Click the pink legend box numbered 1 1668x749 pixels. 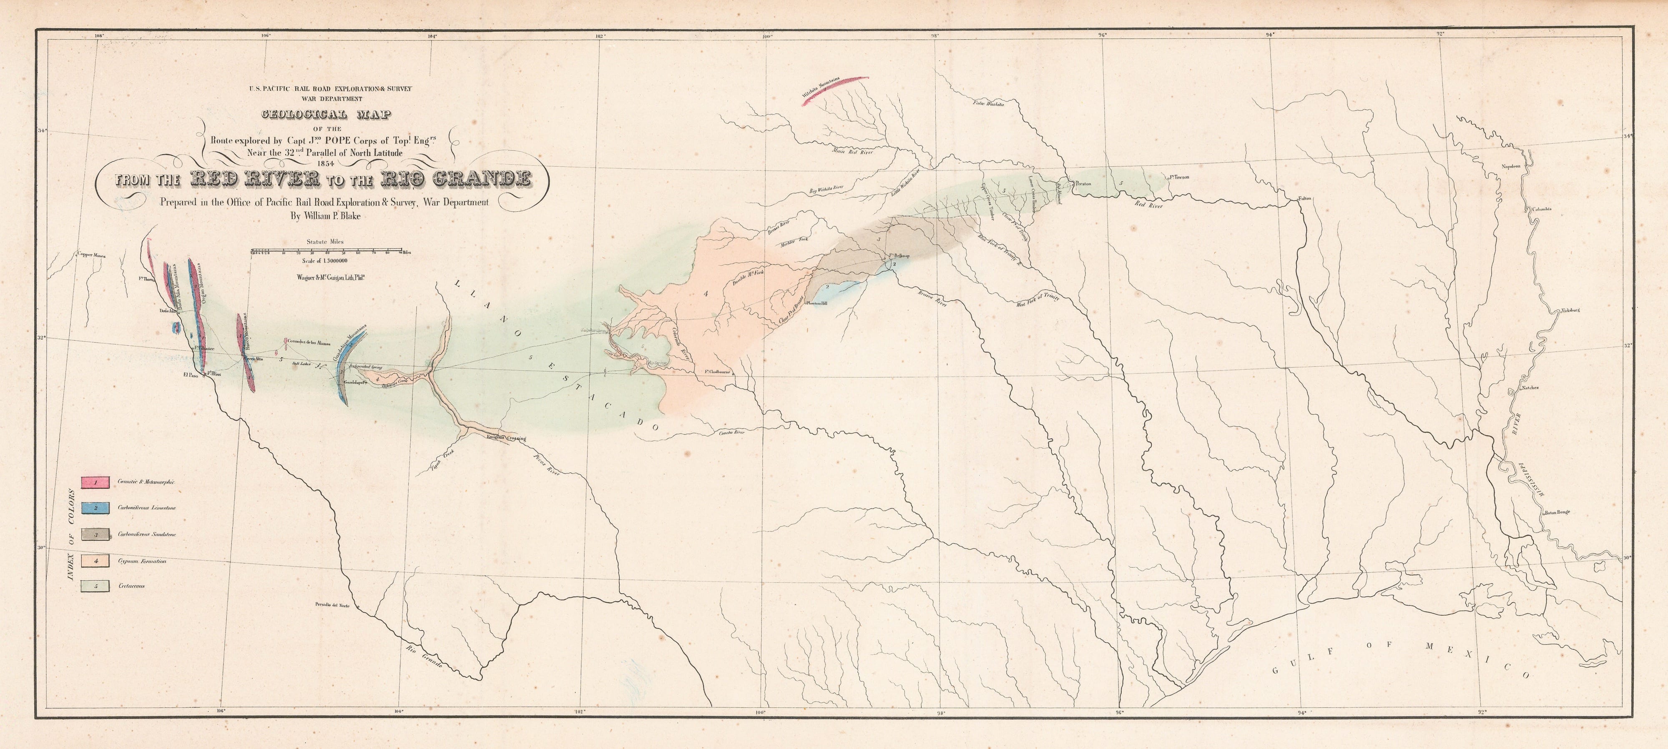click(95, 482)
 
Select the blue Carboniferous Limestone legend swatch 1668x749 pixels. click(95, 508)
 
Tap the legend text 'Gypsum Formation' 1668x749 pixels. click(143, 561)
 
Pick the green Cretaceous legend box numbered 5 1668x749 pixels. click(95, 586)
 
